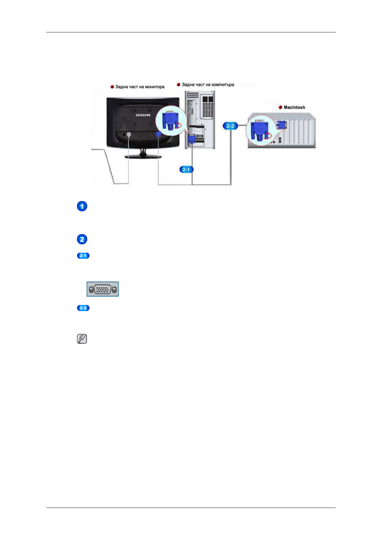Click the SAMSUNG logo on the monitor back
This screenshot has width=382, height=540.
[x=143, y=115]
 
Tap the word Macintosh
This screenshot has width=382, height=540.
[x=294, y=107]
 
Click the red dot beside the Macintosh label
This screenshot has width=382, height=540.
[x=280, y=107]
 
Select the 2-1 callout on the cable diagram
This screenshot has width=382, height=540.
[x=186, y=169]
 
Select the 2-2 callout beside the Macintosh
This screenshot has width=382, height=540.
[x=230, y=126]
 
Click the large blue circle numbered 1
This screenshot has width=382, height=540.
[x=82, y=206]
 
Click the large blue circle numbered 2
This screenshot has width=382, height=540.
[x=82, y=239]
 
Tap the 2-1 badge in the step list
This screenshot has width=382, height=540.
[x=83, y=256]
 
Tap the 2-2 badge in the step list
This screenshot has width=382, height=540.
[x=83, y=308]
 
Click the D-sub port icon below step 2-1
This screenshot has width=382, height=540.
[x=103, y=289]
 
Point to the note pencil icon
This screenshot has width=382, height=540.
[x=82, y=339]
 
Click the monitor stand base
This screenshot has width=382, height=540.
[x=143, y=156]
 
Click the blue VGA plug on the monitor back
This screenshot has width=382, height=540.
[x=158, y=135]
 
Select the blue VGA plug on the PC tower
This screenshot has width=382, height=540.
[x=192, y=139]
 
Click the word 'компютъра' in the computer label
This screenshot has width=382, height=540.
[x=223, y=85]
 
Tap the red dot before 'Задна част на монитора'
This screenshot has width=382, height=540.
[x=112, y=87]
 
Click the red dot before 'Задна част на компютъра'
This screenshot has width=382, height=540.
[x=179, y=85]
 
